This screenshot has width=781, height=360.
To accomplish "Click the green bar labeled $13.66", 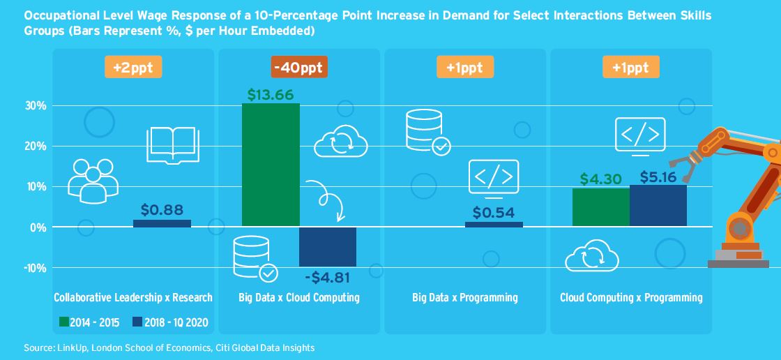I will click(x=271, y=165).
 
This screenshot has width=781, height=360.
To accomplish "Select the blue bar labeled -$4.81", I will click(x=328, y=247).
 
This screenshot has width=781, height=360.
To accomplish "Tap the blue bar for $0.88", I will click(x=162, y=223).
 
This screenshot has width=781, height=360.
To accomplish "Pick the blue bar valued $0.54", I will click(x=494, y=224).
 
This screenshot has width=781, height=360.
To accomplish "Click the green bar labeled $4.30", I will click(x=600, y=207).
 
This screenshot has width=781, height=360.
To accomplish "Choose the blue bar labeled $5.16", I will click(x=658, y=206).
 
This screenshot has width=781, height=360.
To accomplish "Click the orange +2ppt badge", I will click(x=133, y=68).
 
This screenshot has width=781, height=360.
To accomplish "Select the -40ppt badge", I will click(x=299, y=68).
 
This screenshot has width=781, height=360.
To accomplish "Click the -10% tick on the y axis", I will click(x=34, y=268).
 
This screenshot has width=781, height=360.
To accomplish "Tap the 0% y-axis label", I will click(x=38, y=227).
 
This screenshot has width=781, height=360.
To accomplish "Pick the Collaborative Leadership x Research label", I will click(x=133, y=298).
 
